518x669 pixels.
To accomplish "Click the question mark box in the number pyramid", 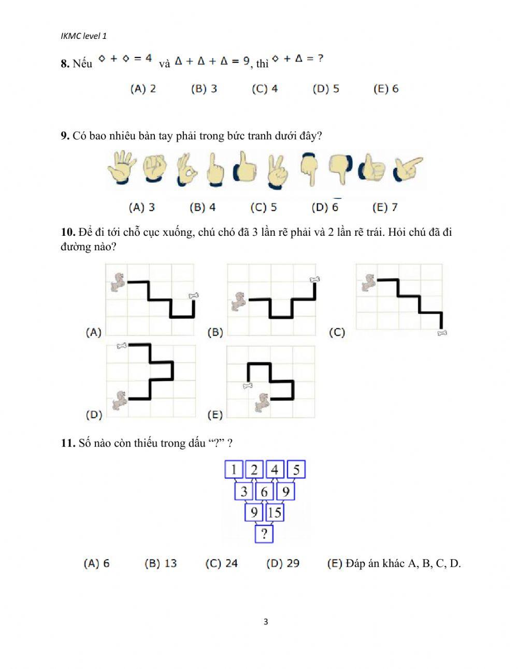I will [x=264, y=534].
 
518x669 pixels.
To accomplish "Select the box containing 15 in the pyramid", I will [x=275, y=513].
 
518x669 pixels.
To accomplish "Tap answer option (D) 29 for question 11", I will [x=283, y=563].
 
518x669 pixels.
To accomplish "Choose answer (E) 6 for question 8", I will [x=386, y=89].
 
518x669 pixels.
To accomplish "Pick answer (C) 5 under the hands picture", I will [x=264, y=207].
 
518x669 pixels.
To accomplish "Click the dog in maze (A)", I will [x=118, y=282].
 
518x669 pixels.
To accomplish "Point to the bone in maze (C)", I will [x=442, y=333].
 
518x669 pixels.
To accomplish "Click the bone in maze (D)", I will [x=122, y=346].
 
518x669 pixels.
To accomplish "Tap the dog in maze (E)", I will [x=262, y=403].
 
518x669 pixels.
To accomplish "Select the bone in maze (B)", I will [x=314, y=280].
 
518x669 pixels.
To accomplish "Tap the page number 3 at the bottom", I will [x=266, y=622].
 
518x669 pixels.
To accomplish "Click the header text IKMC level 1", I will [x=83, y=36].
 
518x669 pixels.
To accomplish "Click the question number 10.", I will [x=68, y=232].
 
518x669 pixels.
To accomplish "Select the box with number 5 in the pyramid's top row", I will [x=296, y=470].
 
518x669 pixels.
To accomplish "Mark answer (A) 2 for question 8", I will [x=143, y=89].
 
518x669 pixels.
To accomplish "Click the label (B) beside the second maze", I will [x=215, y=332].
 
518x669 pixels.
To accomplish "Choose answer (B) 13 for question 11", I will [x=161, y=563].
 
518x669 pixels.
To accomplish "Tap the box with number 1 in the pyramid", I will [x=234, y=470].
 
